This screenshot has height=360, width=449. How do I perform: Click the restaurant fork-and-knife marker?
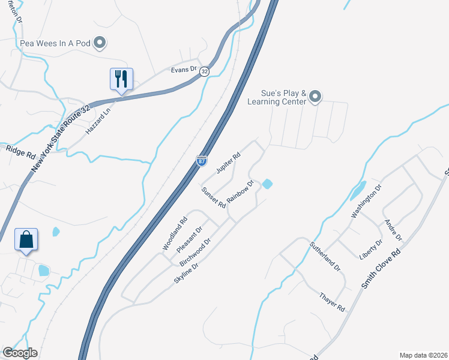click(121, 79)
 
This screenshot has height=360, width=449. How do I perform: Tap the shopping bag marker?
click(26, 239)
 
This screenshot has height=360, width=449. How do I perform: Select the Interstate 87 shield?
click(202, 161)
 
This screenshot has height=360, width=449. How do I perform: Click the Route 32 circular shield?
click(205, 71)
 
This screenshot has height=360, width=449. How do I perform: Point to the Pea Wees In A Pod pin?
click(101, 42)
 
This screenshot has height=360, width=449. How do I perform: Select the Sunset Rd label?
click(213, 197)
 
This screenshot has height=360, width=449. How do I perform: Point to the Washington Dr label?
click(366, 202)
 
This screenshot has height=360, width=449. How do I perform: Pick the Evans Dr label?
click(184, 70)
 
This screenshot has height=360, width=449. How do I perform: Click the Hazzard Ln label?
click(99, 120)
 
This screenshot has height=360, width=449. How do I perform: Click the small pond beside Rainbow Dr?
click(267, 183)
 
